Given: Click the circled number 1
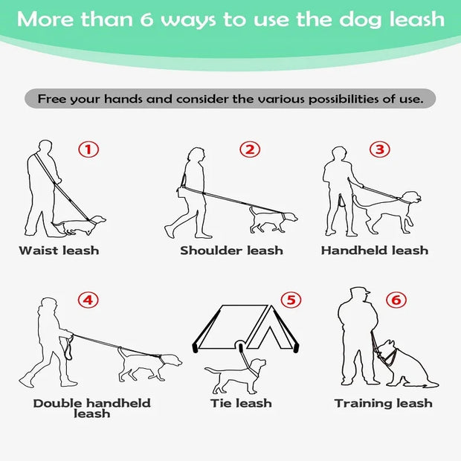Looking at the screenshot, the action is [x=88, y=149].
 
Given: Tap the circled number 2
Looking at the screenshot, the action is [x=250, y=149].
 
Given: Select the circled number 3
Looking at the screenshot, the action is [x=380, y=149].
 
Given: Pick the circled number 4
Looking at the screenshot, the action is [x=88, y=300].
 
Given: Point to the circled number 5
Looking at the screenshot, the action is [x=291, y=300].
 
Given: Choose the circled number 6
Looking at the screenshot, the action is [x=396, y=300].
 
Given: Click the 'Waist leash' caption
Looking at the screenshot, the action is [x=59, y=251].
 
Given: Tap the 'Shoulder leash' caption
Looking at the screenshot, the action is [x=232, y=251].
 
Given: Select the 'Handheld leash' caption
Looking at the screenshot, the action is [x=375, y=251].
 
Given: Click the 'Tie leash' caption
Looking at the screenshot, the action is [x=241, y=403].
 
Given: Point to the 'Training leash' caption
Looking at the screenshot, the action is [x=384, y=403].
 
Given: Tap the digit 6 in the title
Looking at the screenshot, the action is [x=146, y=19].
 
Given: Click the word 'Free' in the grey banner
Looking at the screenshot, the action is [x=52, y=99].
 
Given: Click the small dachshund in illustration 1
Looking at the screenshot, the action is [x=79, y=225].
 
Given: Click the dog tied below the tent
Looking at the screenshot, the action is [x=235, y=376].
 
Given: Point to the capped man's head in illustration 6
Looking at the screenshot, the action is [x=359, y=295].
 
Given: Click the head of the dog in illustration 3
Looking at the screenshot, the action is [x=411, y=198].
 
